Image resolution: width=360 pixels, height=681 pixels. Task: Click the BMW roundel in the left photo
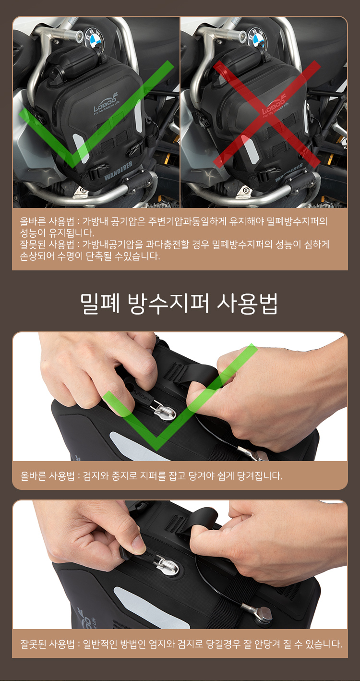(94, 37)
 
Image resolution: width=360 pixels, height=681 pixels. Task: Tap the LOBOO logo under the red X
(273, 105)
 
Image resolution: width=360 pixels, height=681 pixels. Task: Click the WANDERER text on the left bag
(118, 170)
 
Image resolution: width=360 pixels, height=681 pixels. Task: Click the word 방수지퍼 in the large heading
(168, 304)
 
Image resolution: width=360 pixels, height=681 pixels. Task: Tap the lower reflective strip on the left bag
(81, 148)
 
